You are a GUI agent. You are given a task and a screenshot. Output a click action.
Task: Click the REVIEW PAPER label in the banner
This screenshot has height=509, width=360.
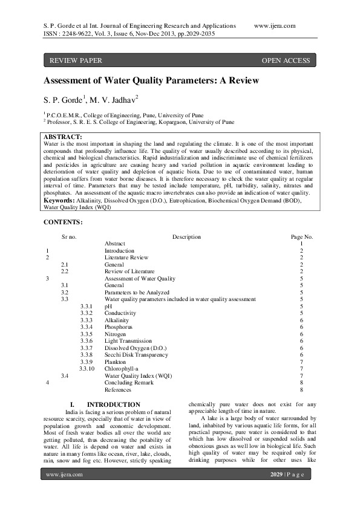coord(75,60)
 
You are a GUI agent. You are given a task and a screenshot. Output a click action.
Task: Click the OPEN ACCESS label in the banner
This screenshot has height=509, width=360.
coord(285,60)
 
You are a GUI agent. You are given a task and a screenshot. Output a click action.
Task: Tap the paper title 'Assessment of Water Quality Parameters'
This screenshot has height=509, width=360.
coord(151,81)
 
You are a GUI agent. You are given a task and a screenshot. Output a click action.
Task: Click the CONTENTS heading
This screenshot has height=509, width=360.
coord(64,222)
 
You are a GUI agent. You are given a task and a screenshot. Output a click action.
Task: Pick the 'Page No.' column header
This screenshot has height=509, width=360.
coord(302,237)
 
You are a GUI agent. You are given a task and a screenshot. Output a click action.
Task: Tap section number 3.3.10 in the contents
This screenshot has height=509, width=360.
coord(87,368)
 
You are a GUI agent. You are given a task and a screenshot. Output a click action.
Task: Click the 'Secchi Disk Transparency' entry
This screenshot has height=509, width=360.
coord(139,354)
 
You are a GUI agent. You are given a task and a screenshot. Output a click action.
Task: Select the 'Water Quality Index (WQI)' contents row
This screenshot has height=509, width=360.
coord(138,375)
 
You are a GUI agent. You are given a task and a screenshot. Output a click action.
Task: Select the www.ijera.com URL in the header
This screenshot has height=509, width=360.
coord(275,26)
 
